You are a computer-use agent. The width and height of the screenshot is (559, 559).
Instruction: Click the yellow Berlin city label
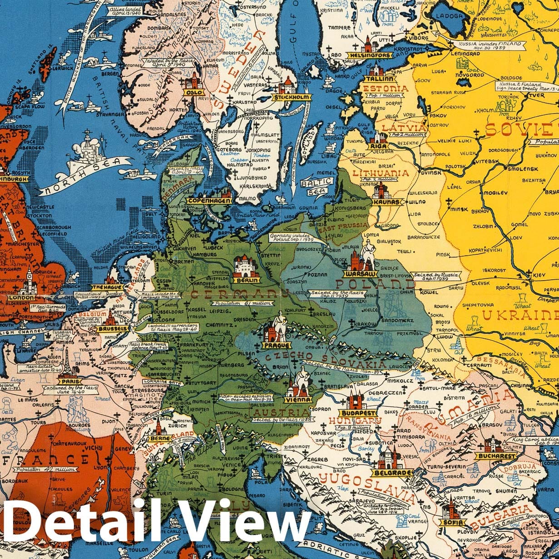tap(246, 280)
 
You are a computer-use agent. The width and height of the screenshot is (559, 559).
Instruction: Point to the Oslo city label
tap(193, 92)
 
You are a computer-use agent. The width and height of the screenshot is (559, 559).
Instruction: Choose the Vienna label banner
tap(298, 400)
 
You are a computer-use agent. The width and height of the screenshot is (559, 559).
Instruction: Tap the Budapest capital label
tap(359, 413)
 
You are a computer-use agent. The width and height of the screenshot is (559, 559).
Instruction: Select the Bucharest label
tap(496, 455)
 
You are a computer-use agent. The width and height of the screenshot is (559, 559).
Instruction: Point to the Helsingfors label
tap(370, 55)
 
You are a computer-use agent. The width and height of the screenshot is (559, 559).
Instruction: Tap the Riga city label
tap(379, 146)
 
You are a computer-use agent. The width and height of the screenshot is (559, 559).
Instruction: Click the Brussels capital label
tap(112, 328)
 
